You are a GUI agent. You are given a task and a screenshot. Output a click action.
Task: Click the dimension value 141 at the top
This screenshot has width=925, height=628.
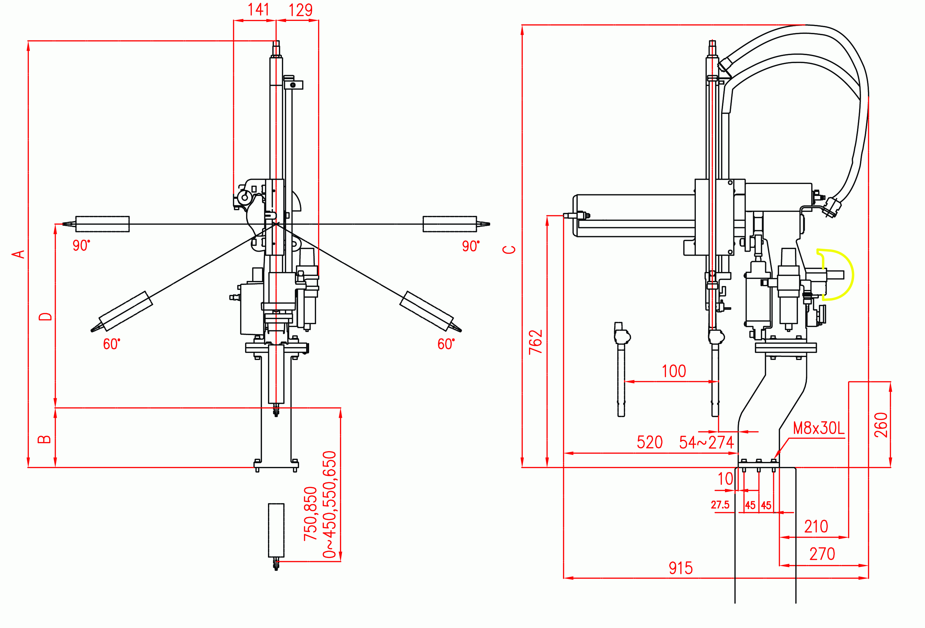click(x=258, y=10)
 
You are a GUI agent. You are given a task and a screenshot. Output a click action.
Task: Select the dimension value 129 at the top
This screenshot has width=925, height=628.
click(x=300, y=10)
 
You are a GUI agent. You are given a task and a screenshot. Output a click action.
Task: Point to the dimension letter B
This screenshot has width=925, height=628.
click(x=44, y=439)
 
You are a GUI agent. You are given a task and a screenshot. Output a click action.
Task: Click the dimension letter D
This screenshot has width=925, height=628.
click(x=45, y=317)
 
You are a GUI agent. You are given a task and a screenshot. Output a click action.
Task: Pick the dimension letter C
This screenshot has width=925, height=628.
click(x=509, y=249)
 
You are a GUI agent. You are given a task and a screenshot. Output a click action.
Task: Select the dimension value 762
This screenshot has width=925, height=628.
click(x=536, y=342)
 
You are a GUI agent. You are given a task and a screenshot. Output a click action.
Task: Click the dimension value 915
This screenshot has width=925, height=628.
click(x=681, y=568)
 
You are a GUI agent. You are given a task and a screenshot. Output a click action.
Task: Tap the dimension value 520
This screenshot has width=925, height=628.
click(x=650, y=442)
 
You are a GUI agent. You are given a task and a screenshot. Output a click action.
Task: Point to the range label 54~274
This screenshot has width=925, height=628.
click(x=706, y=442)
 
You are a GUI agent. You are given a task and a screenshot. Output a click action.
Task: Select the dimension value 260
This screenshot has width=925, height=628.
click(x=881, y=425)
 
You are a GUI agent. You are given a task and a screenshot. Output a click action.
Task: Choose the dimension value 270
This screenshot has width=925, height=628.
click(x=822, y=554)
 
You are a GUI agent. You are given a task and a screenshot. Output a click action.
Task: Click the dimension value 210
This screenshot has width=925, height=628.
click(x=816, y=526)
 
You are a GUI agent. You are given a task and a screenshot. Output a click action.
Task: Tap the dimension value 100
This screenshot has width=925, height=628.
click(x=674, y=371)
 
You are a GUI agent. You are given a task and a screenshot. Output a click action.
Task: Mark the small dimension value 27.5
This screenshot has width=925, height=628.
click(x=720, y=505)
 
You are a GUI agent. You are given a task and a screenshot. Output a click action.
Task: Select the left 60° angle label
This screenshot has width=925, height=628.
click(x=111, y=344)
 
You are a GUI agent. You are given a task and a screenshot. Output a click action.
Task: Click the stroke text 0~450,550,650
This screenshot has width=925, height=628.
click(x=330, y=504)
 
